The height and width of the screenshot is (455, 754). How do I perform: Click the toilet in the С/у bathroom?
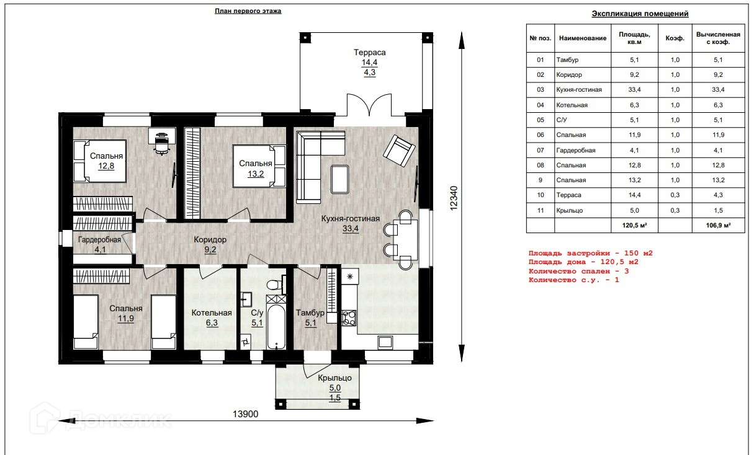click(x=276, y=285)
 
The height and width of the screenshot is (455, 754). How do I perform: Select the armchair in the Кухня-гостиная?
click(x=399, y=150)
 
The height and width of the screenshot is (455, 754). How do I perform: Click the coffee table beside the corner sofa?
click(x=339, y=179)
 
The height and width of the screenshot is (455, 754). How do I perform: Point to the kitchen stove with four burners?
click(x=349, y=318)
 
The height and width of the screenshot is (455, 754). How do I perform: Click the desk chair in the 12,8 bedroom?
click(x=161, y=144)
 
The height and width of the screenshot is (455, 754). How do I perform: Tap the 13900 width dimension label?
click(x=245, y=414)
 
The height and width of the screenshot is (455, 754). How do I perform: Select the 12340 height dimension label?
click(x=454, y=198)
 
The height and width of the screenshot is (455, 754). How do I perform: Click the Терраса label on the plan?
click(x=369, y=53)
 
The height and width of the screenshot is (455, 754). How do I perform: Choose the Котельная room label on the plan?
click(x=212, y=313)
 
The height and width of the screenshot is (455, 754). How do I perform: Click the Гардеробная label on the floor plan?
click(x=99, y=240)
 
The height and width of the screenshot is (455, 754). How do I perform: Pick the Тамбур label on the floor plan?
click(x=310, y=313)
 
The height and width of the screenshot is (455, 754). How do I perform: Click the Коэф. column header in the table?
click(x=675, y=38)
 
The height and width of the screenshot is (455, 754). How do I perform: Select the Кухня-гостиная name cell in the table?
click(x=579, y=90)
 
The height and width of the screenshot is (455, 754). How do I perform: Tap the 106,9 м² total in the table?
click(x=718, y=225)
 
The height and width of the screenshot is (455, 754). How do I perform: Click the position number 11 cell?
click(x=541, y=211)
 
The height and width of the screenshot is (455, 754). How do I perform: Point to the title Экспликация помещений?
click(x=640, y=14)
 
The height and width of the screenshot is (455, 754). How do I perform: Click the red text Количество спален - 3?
click(x=578, y=271)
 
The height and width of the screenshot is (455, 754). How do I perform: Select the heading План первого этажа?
click(x=248, y=11)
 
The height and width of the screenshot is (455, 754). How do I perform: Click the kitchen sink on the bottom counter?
click(x=385, y=342)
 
